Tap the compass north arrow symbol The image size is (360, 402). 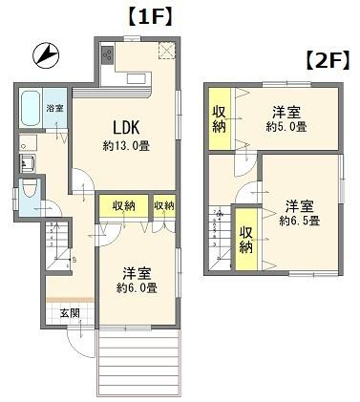[x=45, y=55]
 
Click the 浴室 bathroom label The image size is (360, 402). [x=56, y=108]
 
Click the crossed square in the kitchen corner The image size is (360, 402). [x=166, y=51]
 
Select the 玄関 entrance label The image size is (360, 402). [x=70, y=313]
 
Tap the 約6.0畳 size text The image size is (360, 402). [x=136, y=287]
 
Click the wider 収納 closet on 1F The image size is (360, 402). [x=123, y=206]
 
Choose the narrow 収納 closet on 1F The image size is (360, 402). [x=164, y=206]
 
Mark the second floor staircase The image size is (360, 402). [x=221, y=231]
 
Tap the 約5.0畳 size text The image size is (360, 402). [x=287, y=125]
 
